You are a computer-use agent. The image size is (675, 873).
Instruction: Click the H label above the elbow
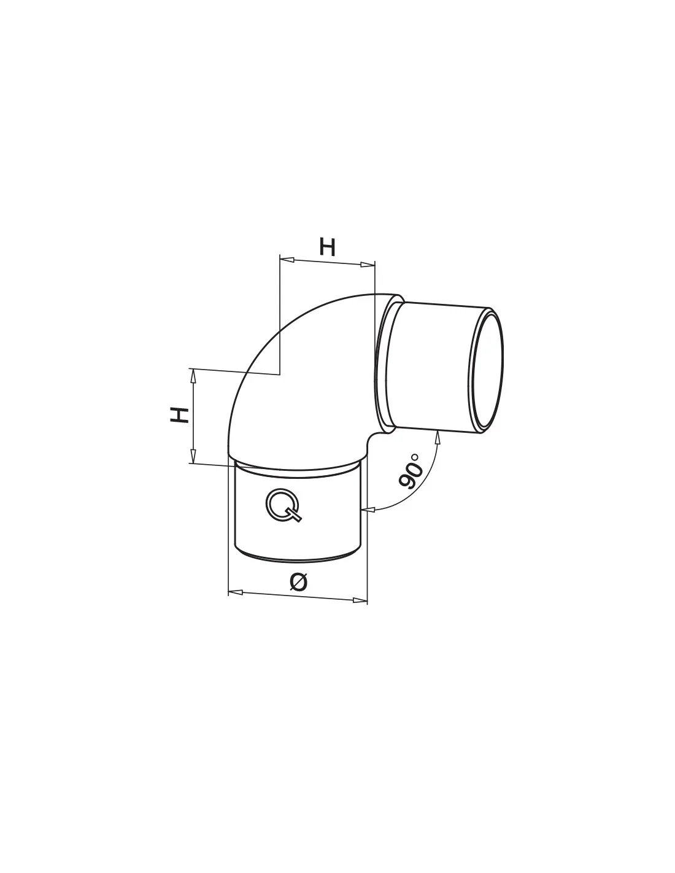click(327, 247)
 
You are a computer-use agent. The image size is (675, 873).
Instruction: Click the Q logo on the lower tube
click(283, 506)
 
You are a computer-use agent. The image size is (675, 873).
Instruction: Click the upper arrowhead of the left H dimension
click(193, 375)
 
